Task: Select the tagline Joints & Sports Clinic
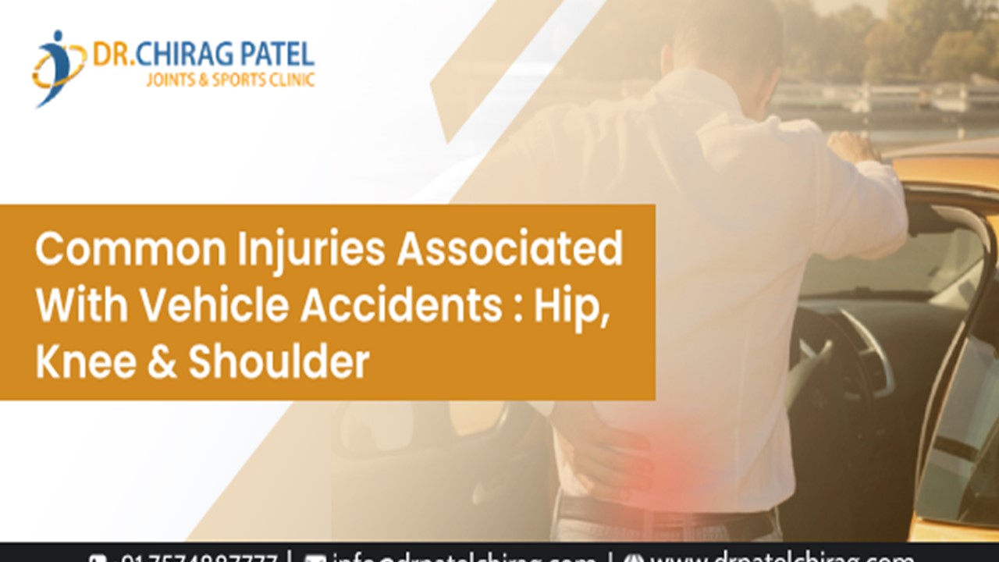(230, 80)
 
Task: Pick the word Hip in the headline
(569, 307)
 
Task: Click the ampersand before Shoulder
(162, 362)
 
